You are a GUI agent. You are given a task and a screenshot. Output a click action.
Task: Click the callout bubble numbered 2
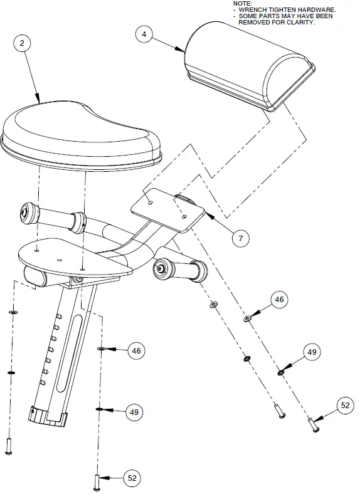23,43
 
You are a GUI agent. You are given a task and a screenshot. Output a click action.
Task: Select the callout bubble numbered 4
144,34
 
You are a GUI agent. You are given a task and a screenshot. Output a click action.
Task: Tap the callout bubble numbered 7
240,238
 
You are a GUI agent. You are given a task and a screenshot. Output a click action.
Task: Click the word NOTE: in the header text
242,4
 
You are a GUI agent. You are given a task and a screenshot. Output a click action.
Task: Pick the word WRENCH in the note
253,10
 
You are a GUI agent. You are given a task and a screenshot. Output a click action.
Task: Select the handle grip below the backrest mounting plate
181,270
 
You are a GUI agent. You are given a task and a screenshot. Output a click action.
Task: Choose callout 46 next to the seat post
135,351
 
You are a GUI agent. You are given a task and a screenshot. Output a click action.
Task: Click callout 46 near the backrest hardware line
280,300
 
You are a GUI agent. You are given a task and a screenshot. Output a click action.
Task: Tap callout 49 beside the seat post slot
133,412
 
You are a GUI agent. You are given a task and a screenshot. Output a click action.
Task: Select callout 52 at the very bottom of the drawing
132,478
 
